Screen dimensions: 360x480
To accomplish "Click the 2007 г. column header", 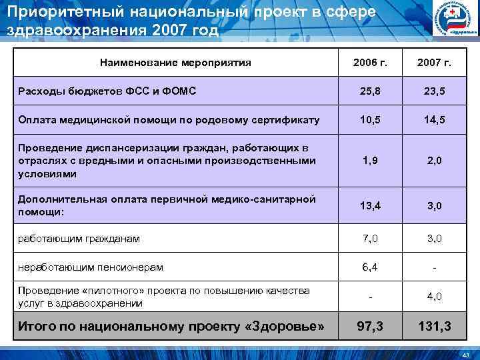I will pyautogui.click(x=434, y=63).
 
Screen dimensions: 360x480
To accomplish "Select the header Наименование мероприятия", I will pyautogui.click(x=175, y=63).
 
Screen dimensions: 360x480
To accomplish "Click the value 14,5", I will pyautogui.click(x=434, y=120).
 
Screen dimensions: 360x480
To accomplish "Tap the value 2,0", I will pyautogui.click(x=434, y=161).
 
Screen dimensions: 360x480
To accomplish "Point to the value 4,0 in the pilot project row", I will pyautogui.click(x=434, y=297).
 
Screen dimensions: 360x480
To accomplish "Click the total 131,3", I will pyautogui.click(x=434, y=327).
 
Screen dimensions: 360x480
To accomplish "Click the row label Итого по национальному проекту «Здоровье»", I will pyautogui.click(x=171, y=327).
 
